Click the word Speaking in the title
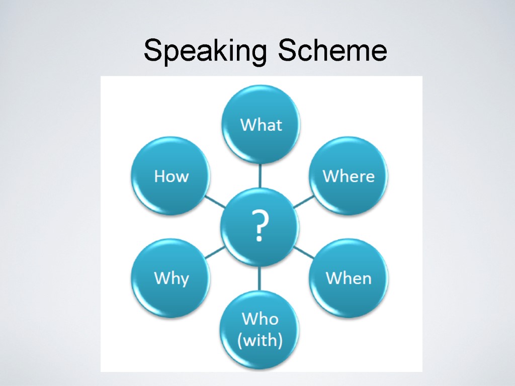click(206, 51)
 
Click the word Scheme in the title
click(332, 51)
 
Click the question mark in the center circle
click(260, 227)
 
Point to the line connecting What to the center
click(261, 175)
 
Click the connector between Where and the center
click(303, 202)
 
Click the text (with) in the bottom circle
click(260, 340)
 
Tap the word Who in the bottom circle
click(260, 319)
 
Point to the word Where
click(349, 176)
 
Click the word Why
click(171, 278)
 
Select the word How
click(171, 176)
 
